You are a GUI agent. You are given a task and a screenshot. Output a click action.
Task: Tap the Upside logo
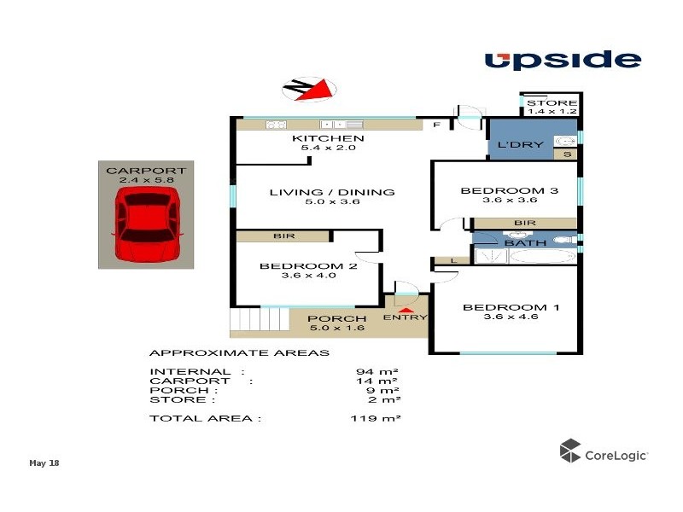tap(563, 60)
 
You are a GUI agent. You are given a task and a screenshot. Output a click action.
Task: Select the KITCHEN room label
tap(328, 138)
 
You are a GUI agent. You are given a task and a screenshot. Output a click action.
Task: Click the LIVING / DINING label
tap(332, 192)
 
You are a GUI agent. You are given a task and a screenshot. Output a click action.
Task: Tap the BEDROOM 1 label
tap(511, 307)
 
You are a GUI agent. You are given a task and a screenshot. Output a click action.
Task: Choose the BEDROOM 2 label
tap(308, 266)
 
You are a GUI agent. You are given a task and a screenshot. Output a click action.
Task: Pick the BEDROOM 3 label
tap(510, 190)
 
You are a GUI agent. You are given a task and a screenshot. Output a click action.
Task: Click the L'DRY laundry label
tap(520, 145)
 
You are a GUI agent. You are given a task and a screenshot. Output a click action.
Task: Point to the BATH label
tap(525, 243)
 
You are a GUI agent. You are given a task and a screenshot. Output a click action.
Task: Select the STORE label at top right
tap(552, 103)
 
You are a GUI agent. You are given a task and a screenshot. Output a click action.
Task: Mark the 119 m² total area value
tap(376, 418)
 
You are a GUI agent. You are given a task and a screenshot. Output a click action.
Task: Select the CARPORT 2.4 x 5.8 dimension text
tap(145, 180)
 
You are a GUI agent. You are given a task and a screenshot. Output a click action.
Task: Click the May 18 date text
tap(45, 463)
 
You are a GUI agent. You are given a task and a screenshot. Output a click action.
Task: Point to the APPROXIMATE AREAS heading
tap(239, 352)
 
